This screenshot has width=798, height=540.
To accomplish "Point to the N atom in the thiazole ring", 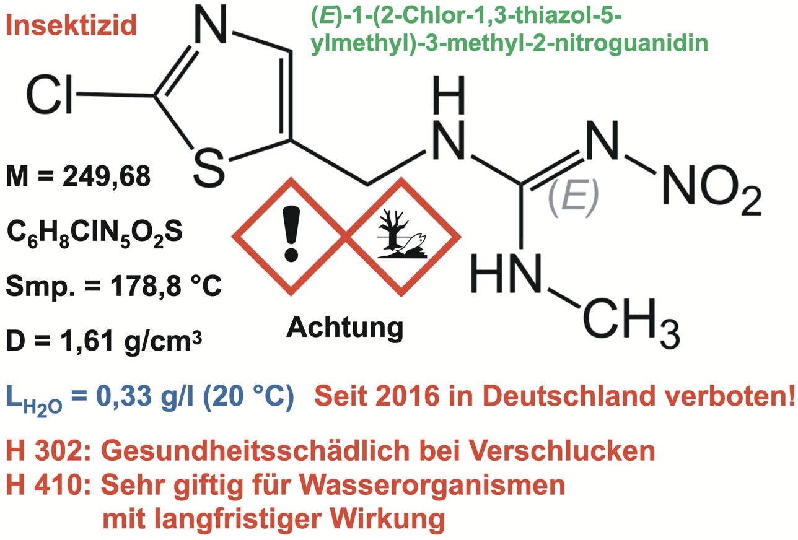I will (x=213, y=25).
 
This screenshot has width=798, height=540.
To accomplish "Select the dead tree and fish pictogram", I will (x=402, y=235).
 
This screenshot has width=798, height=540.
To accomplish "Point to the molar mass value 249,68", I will (x=106, y=178).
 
